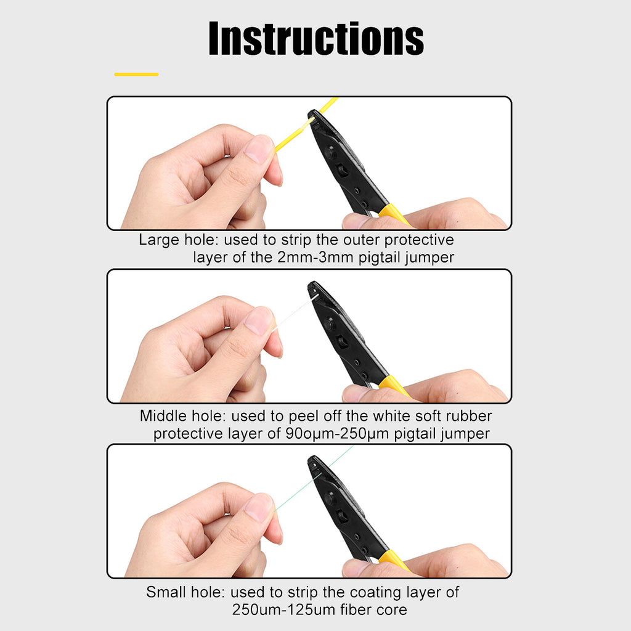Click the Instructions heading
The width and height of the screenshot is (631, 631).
coord(316,38)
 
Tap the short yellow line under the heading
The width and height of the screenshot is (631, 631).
coord(136,75)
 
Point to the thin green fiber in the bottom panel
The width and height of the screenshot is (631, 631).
coord(313,478)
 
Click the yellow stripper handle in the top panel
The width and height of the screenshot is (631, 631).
coord(394,215)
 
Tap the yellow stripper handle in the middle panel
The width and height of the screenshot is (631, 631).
coord(394,386)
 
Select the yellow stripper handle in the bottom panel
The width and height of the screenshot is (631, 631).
coord(394,560)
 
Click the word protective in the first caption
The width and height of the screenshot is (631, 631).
coord(419,240)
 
